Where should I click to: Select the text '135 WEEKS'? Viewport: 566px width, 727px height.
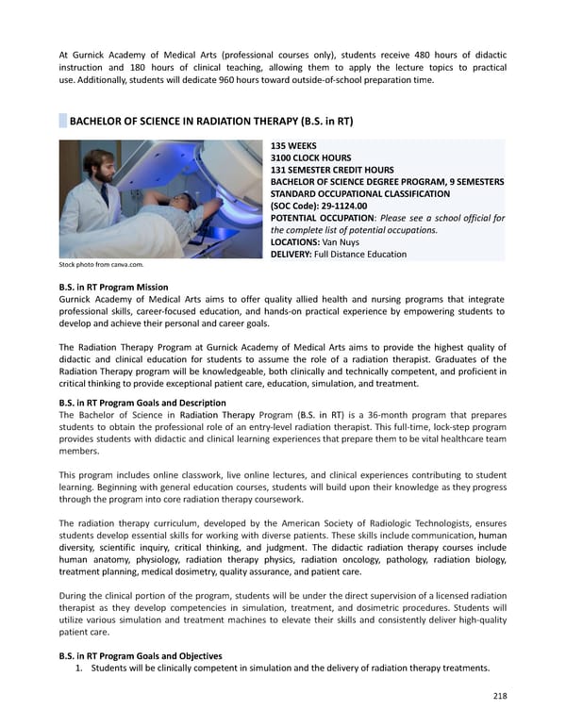pyautogui.click(x=294, y=146)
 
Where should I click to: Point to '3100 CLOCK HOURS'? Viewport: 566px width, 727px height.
pyautogui.click(x=310, y=157)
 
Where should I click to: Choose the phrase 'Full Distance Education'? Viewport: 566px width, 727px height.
pyautogui.click(x=359, y=254)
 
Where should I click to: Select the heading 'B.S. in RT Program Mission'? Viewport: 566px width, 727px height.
pyautogui.click(x=113, y=287)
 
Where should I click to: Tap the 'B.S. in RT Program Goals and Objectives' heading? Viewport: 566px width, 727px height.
pyautogui.click(x=141, y=655)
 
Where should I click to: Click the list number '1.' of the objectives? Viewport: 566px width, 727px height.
pyautogui.click(x=80, y=669)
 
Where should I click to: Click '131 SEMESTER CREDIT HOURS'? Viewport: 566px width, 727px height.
pyautogui.click(x=326, y=170)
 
